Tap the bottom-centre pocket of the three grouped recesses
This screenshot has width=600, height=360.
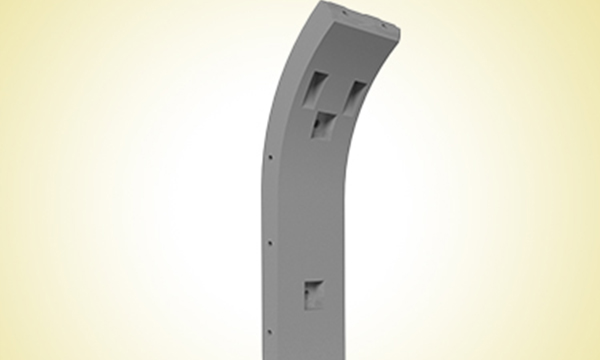(x=323, y=124)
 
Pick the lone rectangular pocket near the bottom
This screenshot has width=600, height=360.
(x=313, y=293)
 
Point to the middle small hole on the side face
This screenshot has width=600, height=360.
(x=269, y=242)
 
